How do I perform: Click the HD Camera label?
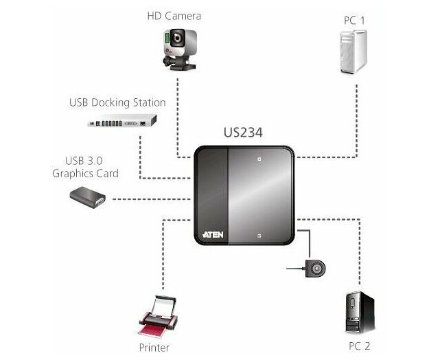point(174,15)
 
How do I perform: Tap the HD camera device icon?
point(179,48)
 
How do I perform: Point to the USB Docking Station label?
point(117,103)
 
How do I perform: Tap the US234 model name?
point(243,133)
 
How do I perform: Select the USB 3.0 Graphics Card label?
point(85,167)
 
